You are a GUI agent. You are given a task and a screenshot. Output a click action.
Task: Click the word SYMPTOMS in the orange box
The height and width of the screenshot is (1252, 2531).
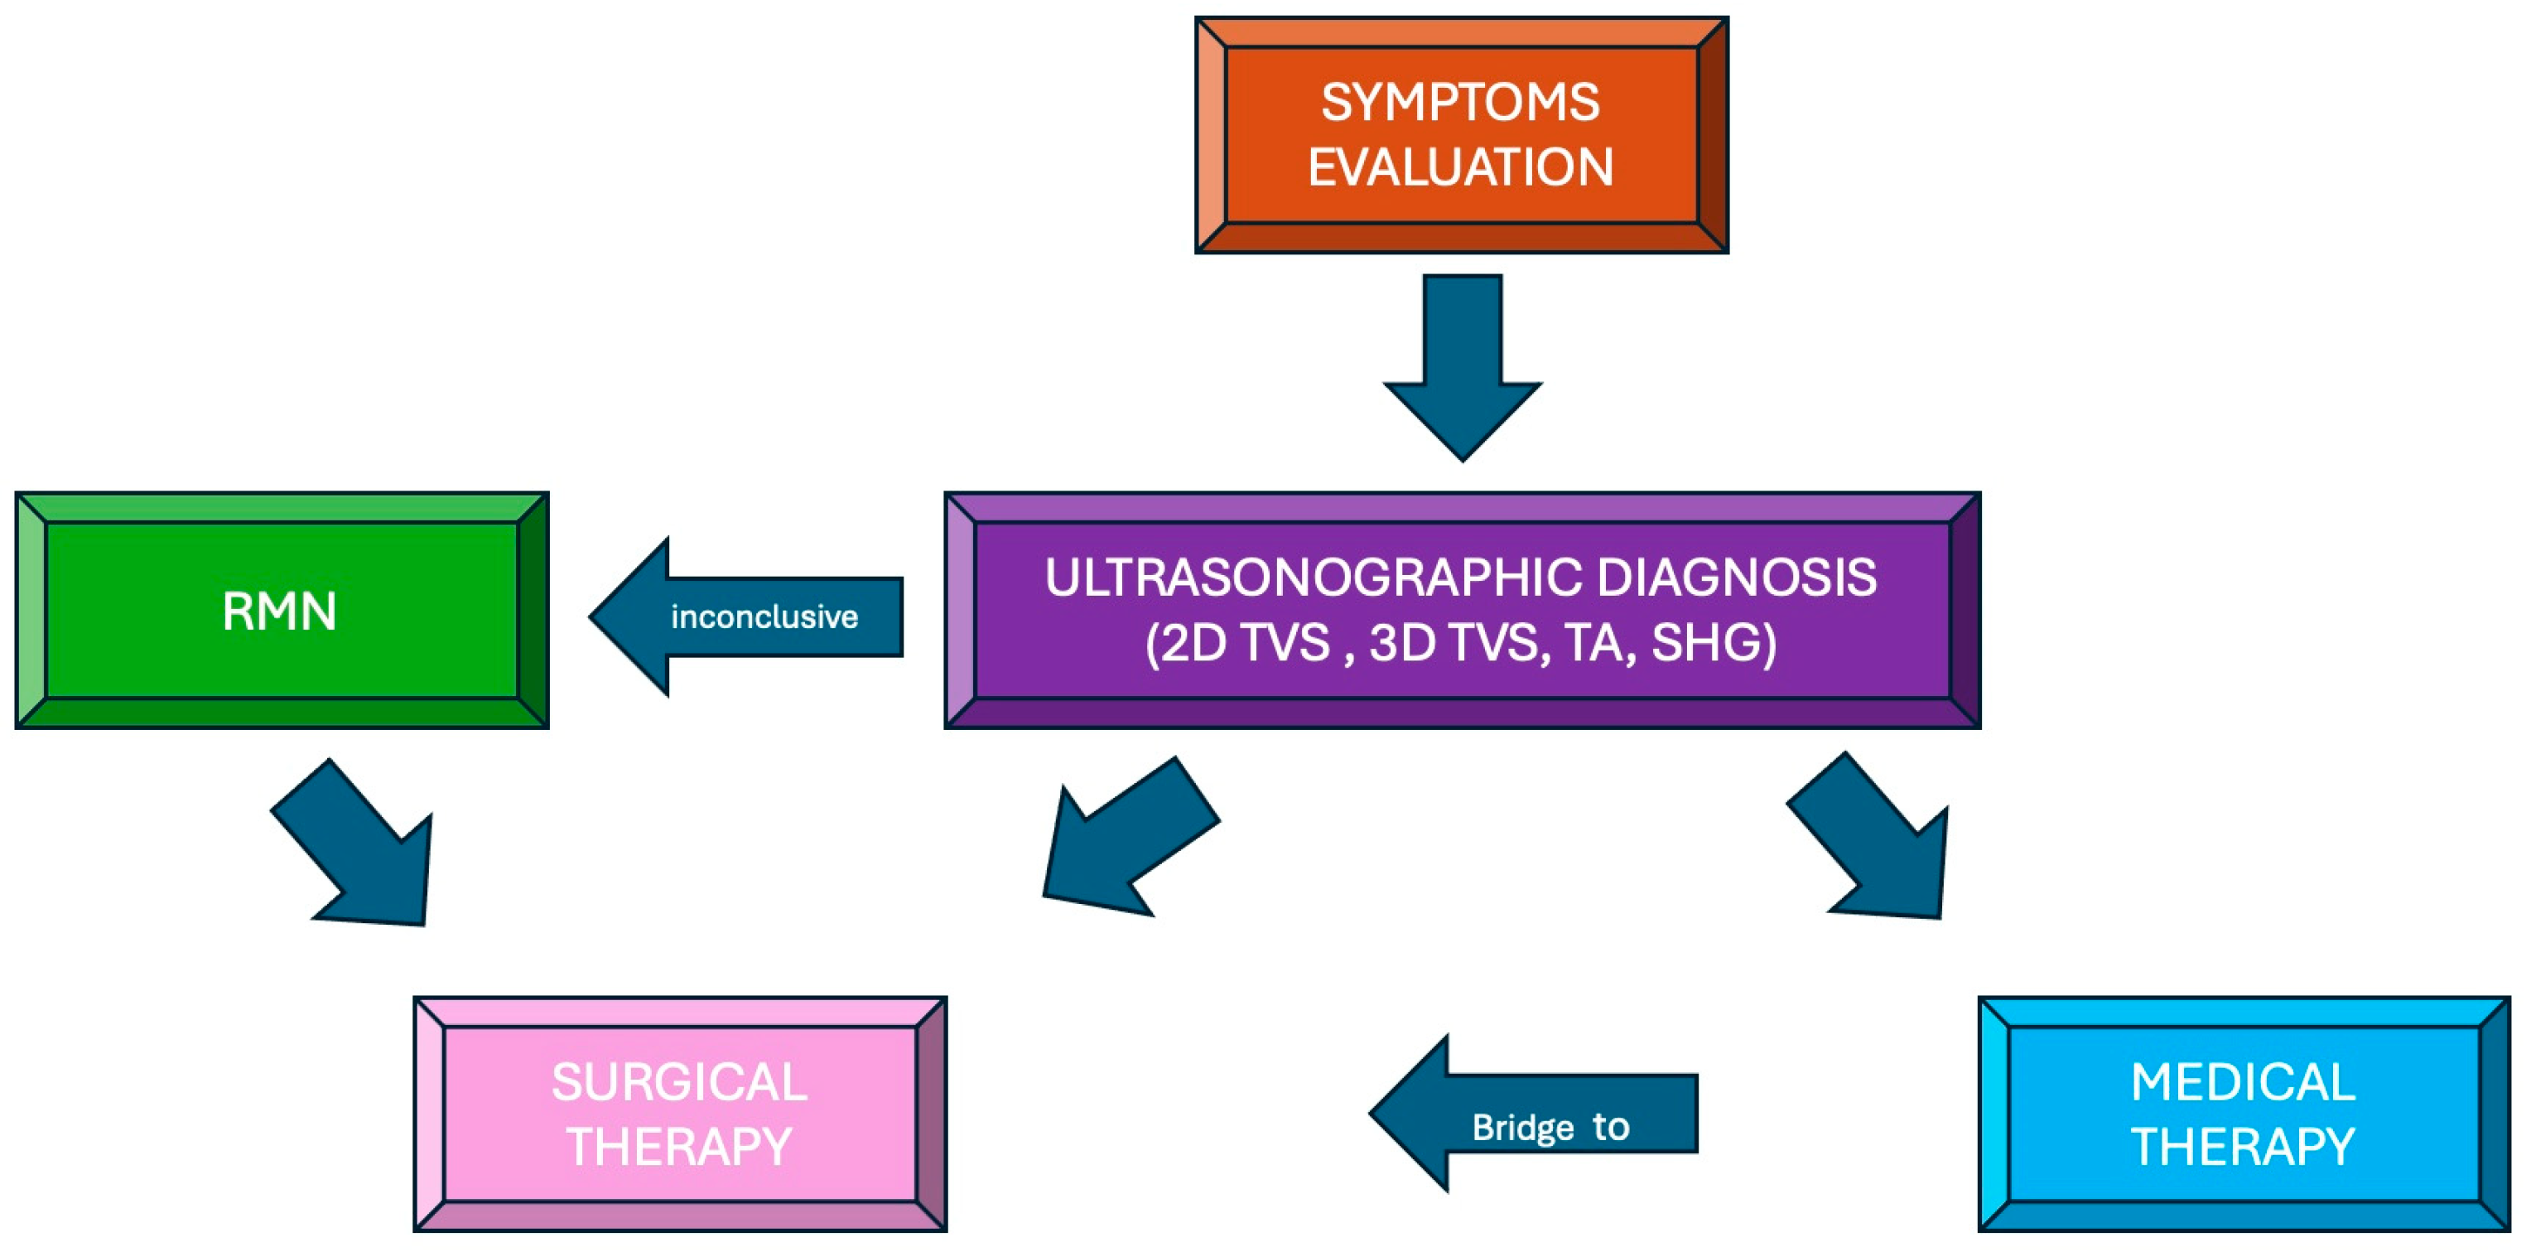(x=1460, y=102)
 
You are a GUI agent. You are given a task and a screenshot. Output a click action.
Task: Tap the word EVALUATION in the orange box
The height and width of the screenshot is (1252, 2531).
(x=1460, y=167)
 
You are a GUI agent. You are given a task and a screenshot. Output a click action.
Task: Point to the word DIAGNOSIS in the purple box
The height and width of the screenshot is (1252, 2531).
(x=1736, y=578)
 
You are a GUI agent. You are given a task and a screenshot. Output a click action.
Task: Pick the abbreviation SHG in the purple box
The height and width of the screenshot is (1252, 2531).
(x=1713, y=643)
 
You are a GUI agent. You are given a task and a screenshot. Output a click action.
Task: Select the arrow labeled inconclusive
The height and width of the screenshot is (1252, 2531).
(x=747, y=616)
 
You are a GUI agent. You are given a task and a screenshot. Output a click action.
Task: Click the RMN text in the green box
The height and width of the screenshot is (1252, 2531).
(x=280, y=611)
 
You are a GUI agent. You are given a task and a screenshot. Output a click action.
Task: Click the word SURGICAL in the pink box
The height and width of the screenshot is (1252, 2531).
(x=679, y=1082)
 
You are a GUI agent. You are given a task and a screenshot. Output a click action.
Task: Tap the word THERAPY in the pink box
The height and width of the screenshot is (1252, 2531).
(x=679, y=1147)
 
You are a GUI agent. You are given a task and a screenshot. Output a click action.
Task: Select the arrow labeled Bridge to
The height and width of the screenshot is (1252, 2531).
(x=1533, y=1114)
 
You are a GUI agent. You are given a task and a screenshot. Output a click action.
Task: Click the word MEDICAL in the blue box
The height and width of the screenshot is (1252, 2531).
(x=2243, y=1082)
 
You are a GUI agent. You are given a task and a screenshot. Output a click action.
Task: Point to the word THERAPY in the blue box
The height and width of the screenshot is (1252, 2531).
(x=2243, y=1147)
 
